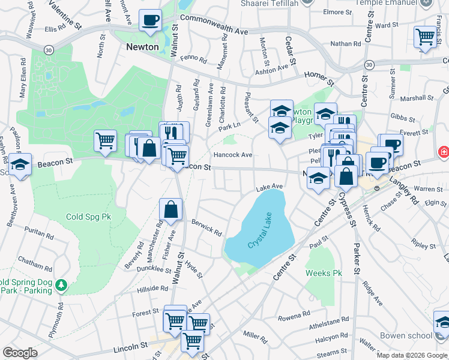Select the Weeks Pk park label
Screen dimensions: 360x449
click(x=324, y=273)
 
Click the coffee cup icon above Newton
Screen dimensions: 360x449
click(x=150, y=20)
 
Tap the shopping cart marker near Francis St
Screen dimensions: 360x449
click(x=425, y=37)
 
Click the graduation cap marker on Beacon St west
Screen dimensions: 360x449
click(x=20, y=164)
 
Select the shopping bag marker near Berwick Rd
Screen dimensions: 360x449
click(x=171, y=209)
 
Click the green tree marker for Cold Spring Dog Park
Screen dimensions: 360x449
click(x=61, y=285)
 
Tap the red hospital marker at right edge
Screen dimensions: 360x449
click(x=444, y=152)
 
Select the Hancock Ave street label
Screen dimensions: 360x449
click(x=233, y=155)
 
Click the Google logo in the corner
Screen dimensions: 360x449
click(x=20, y=353)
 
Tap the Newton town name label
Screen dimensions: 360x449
click(x=142, y=46)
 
